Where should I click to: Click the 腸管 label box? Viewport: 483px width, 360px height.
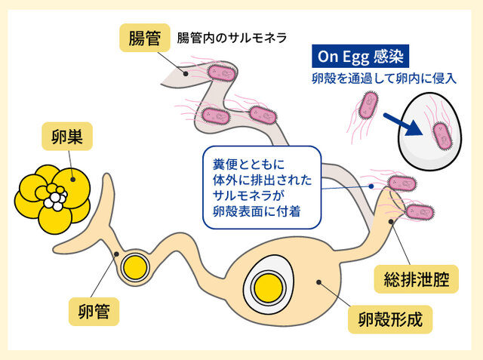click(144, 38)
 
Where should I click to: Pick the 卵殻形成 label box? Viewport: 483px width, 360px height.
click(389, 320)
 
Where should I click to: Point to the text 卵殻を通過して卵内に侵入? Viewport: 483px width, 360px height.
click(373, 79)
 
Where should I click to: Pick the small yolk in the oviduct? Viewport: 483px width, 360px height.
click(135, 266)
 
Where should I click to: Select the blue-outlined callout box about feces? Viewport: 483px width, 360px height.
click(257, 186)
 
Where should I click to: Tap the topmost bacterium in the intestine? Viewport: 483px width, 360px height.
click(223, 73)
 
